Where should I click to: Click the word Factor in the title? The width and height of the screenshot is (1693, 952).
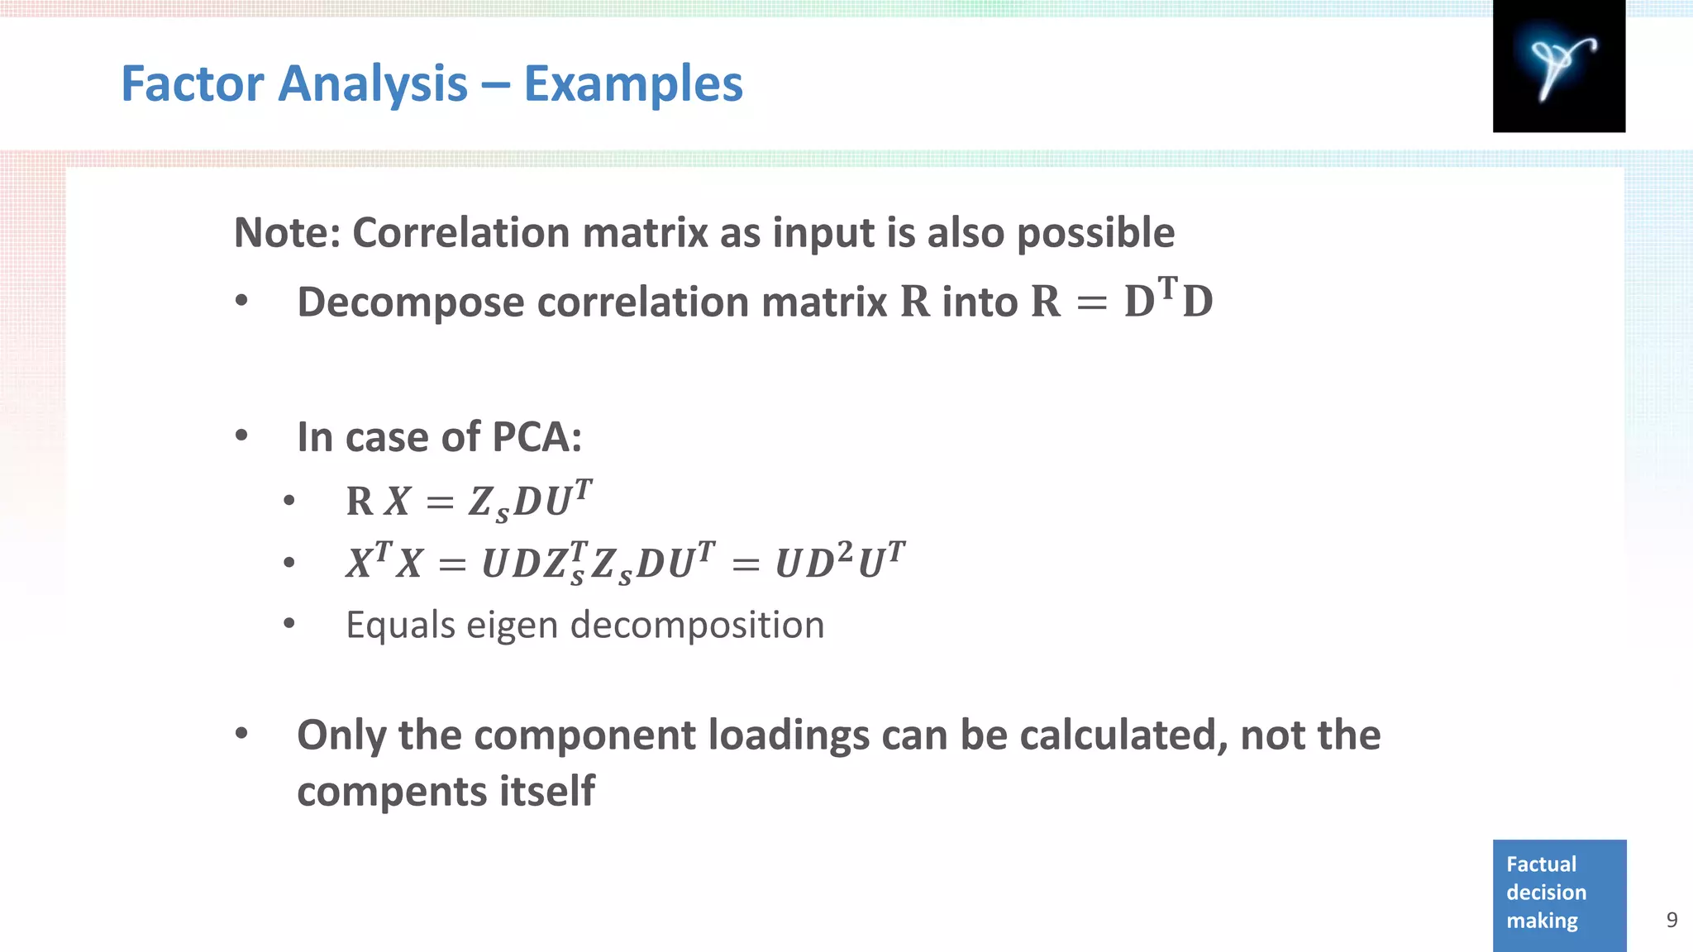193,83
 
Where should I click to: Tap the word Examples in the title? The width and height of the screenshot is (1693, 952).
633,83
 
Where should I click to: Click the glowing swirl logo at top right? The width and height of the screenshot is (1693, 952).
1558,66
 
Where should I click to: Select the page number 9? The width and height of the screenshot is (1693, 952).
1672,920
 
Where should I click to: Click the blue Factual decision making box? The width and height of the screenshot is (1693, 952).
1559,894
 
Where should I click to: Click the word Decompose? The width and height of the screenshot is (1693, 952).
411,302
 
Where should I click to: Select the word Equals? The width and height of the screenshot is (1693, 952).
399,626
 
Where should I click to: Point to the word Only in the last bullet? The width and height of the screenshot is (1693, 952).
341,735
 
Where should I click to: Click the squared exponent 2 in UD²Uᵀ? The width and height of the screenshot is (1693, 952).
844,551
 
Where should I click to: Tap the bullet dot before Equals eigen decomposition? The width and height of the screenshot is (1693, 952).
289,624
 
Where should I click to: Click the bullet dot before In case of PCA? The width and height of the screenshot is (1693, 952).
241,436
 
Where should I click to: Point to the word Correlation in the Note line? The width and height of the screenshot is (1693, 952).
461,232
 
